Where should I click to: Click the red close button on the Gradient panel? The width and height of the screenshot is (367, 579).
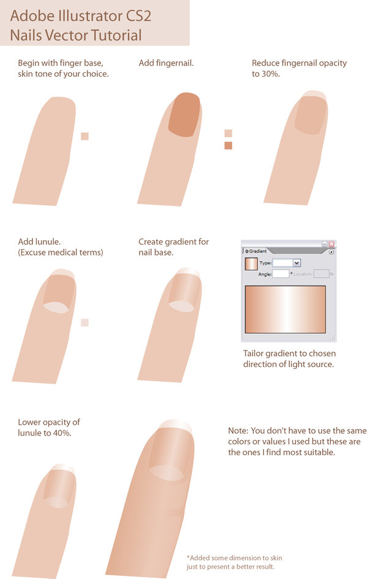332,243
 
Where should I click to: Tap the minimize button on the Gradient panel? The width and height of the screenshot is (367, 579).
325,243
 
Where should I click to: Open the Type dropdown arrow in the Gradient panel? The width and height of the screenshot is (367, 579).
297,263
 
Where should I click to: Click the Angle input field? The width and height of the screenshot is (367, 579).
280,274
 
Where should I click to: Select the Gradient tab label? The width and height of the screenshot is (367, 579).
256,251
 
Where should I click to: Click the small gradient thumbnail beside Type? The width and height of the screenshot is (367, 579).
251,264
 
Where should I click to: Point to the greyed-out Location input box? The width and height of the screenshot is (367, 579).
321,274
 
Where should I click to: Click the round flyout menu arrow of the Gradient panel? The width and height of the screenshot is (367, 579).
332,251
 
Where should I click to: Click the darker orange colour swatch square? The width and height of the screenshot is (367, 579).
228,145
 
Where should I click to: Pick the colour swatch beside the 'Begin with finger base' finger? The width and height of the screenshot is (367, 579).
84,136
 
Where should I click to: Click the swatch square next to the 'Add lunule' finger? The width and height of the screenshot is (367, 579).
84,322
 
